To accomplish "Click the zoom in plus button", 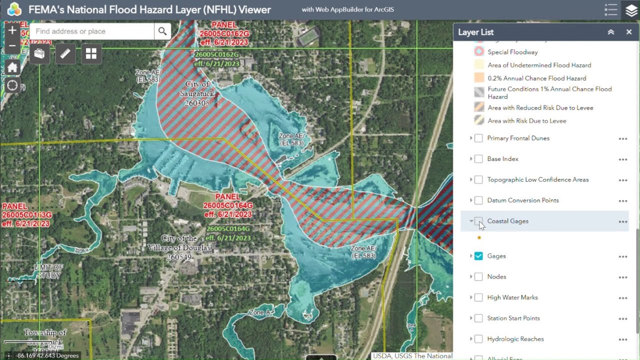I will tap(12, 30).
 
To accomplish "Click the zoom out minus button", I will tap(12, 46).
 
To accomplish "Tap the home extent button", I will tap(12, 67).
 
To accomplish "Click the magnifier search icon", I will tap(162, 31).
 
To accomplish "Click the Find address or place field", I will tap(92, 31).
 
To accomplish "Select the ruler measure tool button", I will tap(65, 54).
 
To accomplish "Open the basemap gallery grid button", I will tap(91, 54).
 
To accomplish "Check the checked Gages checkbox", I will tap(478, 256).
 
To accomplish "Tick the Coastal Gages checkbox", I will tap(478, 221).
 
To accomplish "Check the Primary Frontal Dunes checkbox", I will tap(478, 138).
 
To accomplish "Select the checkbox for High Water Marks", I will tap(478, 297).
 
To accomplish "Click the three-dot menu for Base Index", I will tap(622, 159).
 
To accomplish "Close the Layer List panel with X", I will tap(629, 32).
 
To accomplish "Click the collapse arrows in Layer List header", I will tap(610, 32).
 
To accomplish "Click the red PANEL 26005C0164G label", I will tap(228, 205).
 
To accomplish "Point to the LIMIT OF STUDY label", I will tap(48, 271).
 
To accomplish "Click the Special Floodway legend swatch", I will tap(479, 52).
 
